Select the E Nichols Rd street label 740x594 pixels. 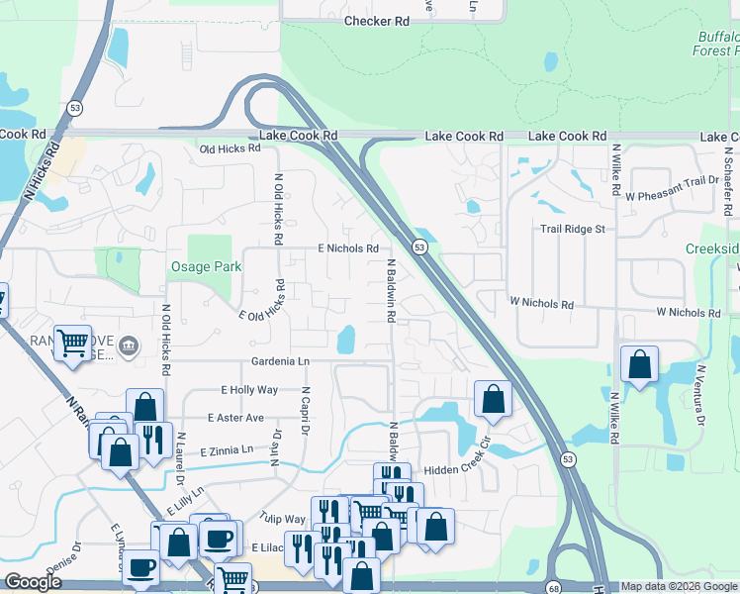tap(347, 248)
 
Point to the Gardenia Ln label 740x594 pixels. tap(281, 360)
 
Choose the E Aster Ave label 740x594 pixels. tap(235, 418)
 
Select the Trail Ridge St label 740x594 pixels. tap(572, 229)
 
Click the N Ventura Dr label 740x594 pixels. tap(699, 395)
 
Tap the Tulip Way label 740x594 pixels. tap(284, 519)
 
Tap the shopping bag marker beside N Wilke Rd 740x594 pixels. tap(640, 364)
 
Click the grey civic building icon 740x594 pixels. tap(129, 346)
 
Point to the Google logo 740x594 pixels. tap(33, 583)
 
